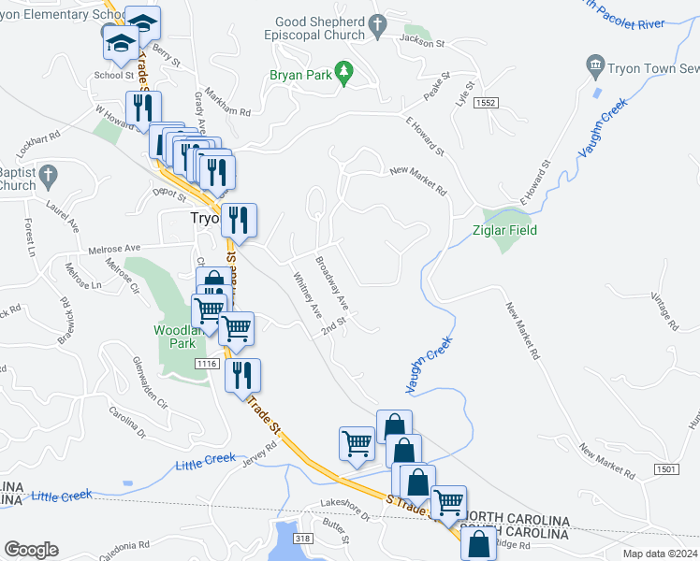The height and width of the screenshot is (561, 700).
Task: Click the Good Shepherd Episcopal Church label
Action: coord(319,29)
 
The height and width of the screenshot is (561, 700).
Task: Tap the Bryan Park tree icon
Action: coord(344,70)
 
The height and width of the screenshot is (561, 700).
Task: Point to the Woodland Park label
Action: coord(177,337)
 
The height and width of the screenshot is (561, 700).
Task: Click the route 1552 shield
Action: coord(484,101)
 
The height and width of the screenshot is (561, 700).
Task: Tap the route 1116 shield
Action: coord(208,362)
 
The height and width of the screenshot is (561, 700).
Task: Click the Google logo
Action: coord(31,550)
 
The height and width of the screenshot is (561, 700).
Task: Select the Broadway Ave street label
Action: coord(331,284)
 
